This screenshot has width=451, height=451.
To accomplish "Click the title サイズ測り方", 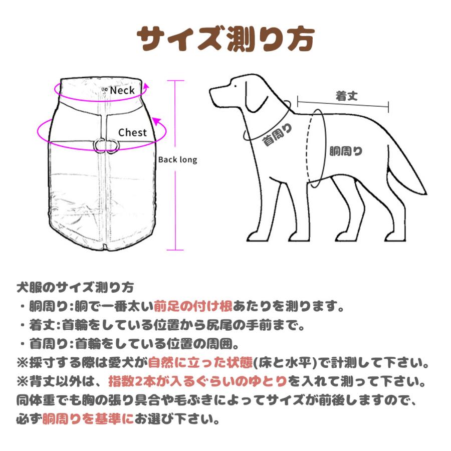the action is point(225,40).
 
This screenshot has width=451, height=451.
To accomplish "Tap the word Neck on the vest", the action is point(122,90).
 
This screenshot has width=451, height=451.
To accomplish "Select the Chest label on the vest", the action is point(132,132).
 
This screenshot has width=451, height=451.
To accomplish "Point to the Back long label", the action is point(178,160).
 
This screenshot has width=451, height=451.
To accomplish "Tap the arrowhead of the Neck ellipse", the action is point(146,87).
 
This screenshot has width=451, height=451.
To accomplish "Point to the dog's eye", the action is point(236,86).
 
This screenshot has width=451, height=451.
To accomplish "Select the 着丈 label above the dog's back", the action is point(347,96).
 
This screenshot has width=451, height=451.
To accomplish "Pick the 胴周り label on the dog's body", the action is point(346,151).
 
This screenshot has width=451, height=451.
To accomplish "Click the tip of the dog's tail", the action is point(426,193).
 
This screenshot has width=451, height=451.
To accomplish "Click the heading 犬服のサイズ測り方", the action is point(75,287).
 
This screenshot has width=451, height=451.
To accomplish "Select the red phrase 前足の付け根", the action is point(193,306).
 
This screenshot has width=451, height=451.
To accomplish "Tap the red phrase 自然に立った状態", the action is point(200,363).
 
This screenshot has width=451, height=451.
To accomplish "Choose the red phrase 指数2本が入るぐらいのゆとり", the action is point(198,381).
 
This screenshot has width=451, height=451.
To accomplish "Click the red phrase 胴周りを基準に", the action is point(88,419).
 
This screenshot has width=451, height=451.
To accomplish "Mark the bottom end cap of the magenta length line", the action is point(175,250).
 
